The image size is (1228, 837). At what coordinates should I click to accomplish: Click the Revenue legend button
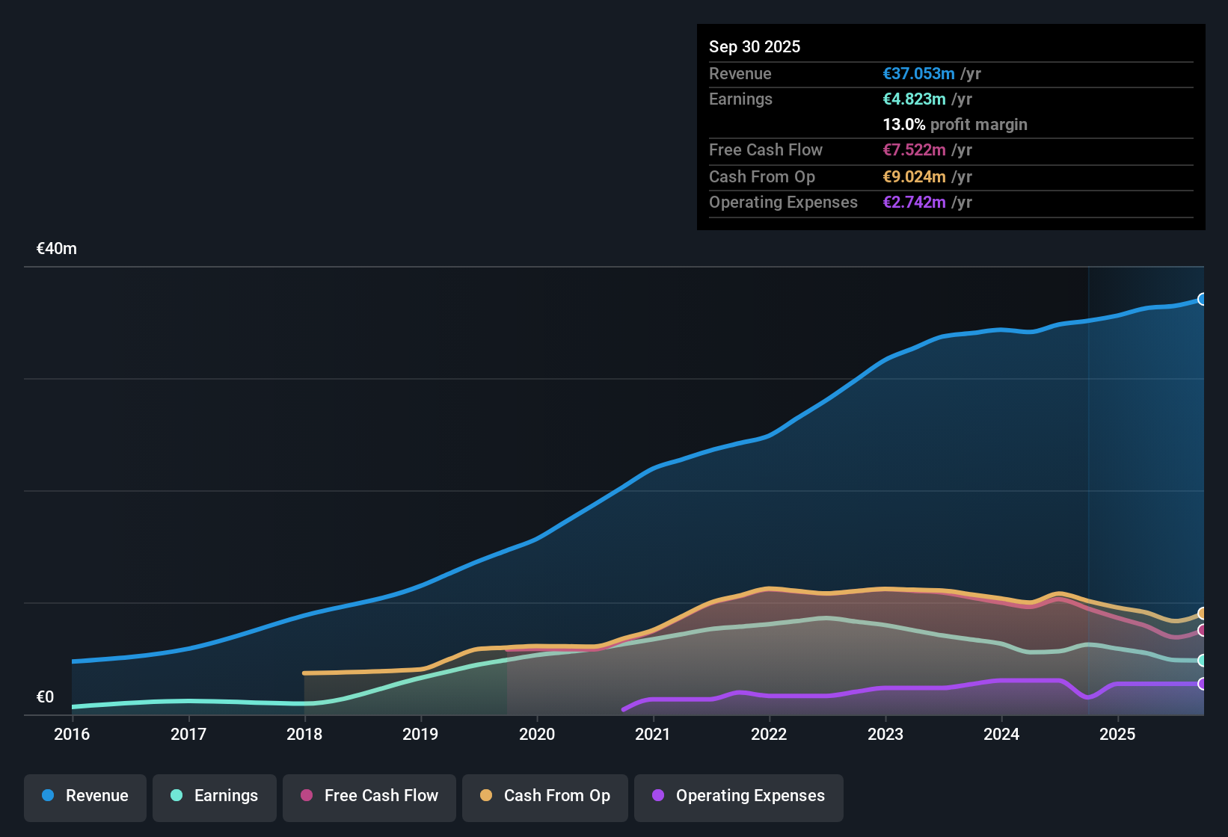[x=85, y=796]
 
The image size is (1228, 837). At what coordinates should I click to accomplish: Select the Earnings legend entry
[x=215, y=796]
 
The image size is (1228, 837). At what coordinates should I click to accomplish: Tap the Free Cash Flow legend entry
[x=369, y=796]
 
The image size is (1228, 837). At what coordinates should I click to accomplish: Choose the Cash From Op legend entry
[x=545, y=796]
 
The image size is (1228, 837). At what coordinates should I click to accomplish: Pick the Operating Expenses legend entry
[x=739, y=796]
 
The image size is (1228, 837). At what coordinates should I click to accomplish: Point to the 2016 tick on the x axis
[x=72, y=734]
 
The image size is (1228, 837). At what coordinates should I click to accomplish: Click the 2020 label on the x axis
[x=537, y=734]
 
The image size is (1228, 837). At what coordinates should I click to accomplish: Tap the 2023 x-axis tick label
[x=885, y=734]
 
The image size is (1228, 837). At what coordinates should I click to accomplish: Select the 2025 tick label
[x=1117, y=734]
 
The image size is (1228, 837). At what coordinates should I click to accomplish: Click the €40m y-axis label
[x=57, y=249]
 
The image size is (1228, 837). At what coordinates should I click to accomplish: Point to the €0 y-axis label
[x=46, y=697]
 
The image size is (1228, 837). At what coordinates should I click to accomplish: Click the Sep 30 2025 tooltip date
[x=755, y=47]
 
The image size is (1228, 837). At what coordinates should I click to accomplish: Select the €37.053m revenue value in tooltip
[x=918, y=74]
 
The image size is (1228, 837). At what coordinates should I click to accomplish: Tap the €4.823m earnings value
[x=914, y=99]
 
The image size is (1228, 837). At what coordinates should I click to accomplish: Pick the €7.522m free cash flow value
[x=914, y=150]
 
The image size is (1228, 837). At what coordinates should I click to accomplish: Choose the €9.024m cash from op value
[x=914, y=177]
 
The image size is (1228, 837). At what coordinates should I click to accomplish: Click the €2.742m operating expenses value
[x=914, y=203]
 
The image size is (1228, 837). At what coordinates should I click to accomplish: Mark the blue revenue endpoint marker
[x=1202, y=299]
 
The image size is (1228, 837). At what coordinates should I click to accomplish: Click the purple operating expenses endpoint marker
[x=1202, y=684]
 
